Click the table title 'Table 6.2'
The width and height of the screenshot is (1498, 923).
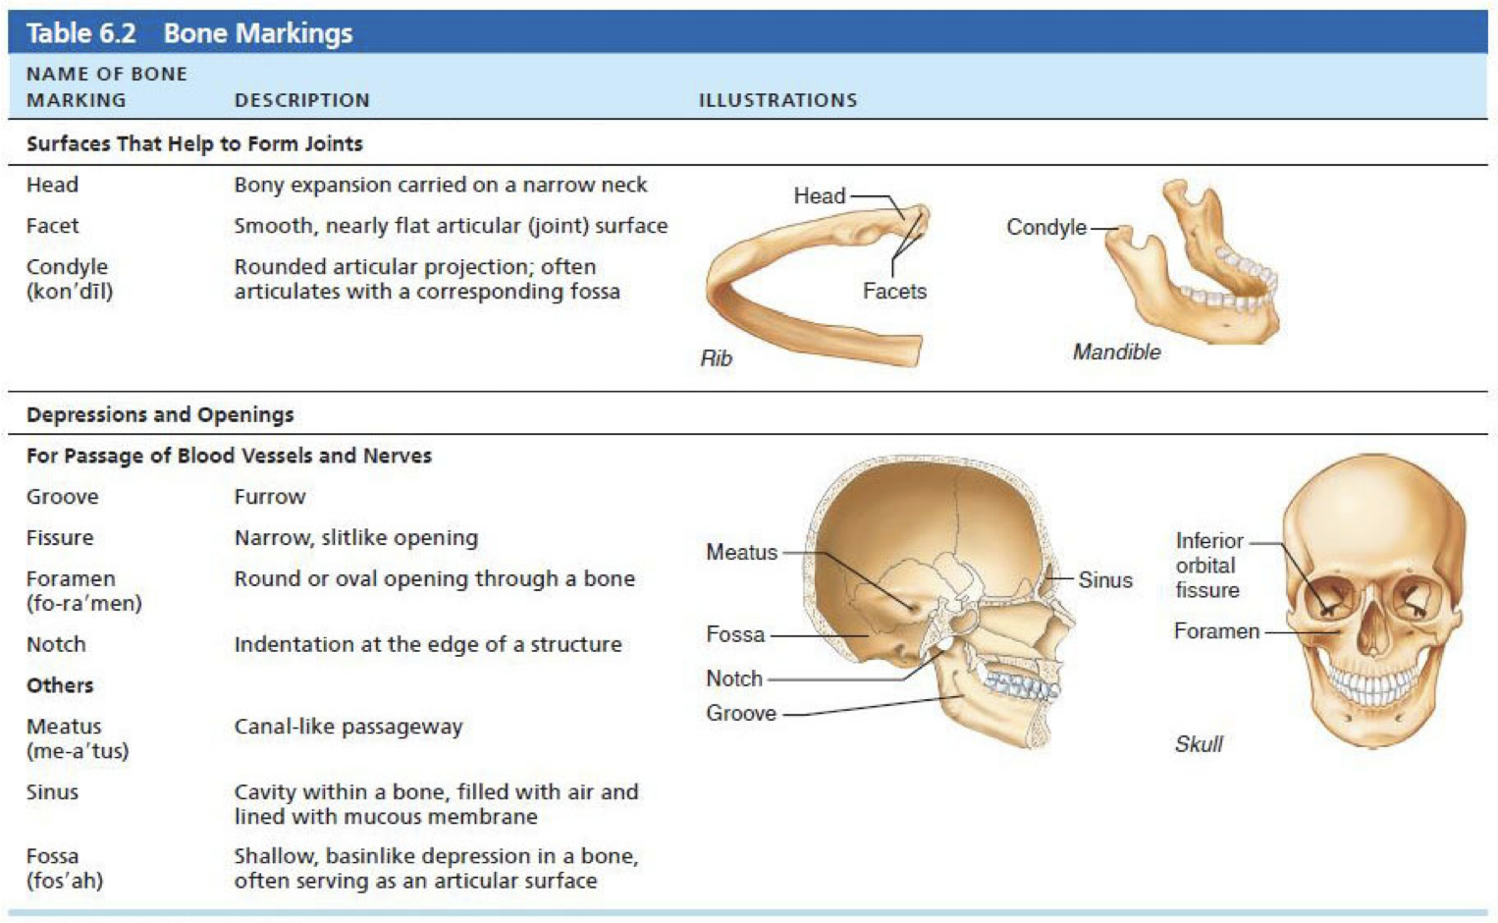[x=80, y=33]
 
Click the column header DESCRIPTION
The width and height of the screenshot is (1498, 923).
[x=301, y=100]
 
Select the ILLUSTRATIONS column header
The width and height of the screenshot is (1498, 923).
[x=777, y=100]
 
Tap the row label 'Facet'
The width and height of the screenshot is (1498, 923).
[x=52, y=226]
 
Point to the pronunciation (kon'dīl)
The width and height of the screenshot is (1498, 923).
[x=70, y=292]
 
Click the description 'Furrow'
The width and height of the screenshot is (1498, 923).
[x=270, y=497]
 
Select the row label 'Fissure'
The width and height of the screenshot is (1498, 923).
[x=60, y=538]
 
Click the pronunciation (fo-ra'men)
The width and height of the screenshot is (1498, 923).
[x=84, y=604]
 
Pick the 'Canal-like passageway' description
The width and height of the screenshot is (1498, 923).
[x=348, y=727]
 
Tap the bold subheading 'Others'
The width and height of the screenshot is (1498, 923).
[x=60, y=685]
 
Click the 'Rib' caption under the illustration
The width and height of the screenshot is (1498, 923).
[x=716, y=358]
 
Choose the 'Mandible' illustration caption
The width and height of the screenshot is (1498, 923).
[x=1116, y=352]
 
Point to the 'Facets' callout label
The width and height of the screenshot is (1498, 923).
[x=894, y=292]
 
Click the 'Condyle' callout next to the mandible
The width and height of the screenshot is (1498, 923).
[x=1046, y=228]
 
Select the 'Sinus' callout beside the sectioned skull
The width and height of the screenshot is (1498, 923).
[x=1105, y=580]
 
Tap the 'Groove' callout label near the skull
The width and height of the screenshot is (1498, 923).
[x=741, y=714]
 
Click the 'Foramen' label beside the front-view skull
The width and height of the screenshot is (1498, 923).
[x=1216, y=631]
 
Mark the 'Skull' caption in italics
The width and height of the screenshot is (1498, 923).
[x=1199, y=744]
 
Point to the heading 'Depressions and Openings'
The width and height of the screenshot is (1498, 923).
[x=160, y=414]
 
